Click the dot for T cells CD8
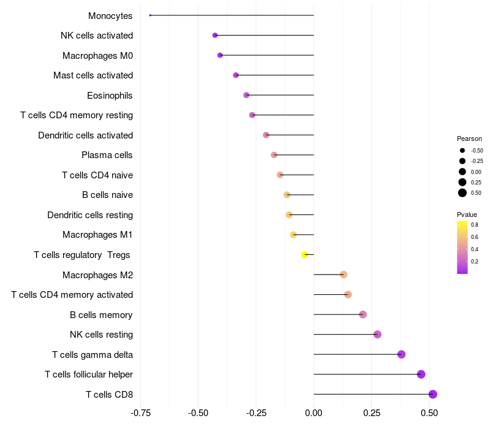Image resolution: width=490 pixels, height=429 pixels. click(x=432, y=394)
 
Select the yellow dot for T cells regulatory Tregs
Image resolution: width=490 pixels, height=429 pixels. click(x=304, y=254)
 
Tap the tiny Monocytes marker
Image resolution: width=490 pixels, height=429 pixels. click(x=150, y=15)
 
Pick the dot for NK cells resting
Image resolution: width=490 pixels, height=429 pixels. click(x=377, y=334)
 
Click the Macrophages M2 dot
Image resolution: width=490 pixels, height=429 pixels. click(x=344, y=275)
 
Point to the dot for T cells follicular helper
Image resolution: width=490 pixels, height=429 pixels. click(x=421, y=374)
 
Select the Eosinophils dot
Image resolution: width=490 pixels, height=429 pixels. click(x=246, y=95)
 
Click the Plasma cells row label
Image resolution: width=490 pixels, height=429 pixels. click(x=107, y=155)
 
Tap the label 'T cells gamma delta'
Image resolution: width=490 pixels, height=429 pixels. click(x=92, y=354)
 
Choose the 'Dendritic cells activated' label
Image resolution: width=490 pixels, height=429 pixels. click(x=85, y=135)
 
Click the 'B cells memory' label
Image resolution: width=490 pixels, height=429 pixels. click(x=101, y=314)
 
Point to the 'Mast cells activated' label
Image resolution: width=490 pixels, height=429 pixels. click(x=93, y=75)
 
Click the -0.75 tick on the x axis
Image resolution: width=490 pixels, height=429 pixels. click(x=141, y=413)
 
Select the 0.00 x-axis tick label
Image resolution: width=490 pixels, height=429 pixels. click(x=314, y=413)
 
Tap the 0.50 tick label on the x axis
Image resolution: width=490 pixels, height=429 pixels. click(x=429, y=413)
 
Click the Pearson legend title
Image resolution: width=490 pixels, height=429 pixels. click(x=469, y=139)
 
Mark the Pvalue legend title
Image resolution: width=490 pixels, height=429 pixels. click(x=467, y=214)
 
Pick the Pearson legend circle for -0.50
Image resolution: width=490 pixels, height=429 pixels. click(x=462, y=150)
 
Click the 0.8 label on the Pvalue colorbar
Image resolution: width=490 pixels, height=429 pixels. click(x=475, y=225)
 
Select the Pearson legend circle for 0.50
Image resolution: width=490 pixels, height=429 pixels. click(x=462, y=193)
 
